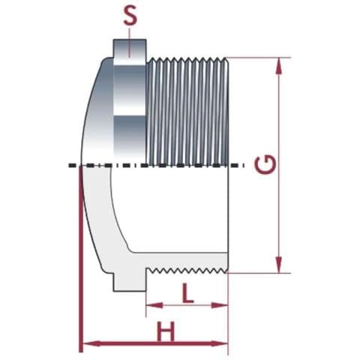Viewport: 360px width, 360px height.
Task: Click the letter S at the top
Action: point(130,16)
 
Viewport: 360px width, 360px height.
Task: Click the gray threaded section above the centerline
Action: point(187,109)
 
